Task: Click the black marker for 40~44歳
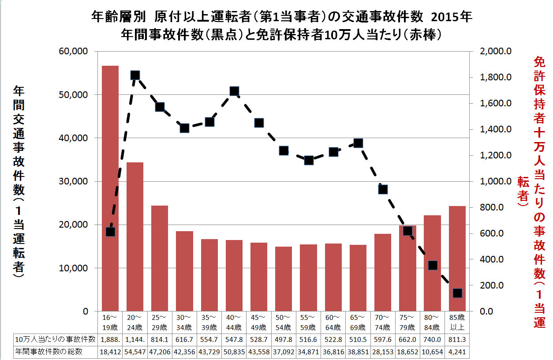point(234,91)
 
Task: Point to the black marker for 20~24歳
point(135,75)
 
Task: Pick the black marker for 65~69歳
point(358,143)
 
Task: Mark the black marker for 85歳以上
point(457,293)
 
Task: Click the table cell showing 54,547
point(135,352)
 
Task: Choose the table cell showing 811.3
point(457,339)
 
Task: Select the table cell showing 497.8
point(284,339)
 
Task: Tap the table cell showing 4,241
point(457,352)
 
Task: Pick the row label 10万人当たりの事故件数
point(55,339)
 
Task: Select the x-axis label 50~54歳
point(284,322)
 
